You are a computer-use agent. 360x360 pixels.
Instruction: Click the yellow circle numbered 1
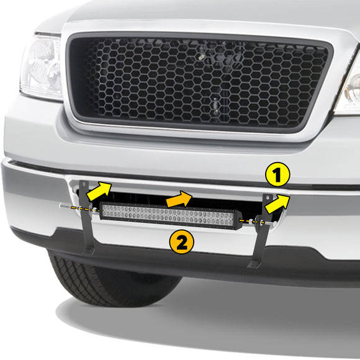point(277,176)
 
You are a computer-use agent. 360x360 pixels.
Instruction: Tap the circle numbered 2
point(181,241)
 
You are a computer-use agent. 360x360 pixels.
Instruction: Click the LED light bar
point(170,216)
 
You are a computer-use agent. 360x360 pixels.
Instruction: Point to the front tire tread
point(93,279)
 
